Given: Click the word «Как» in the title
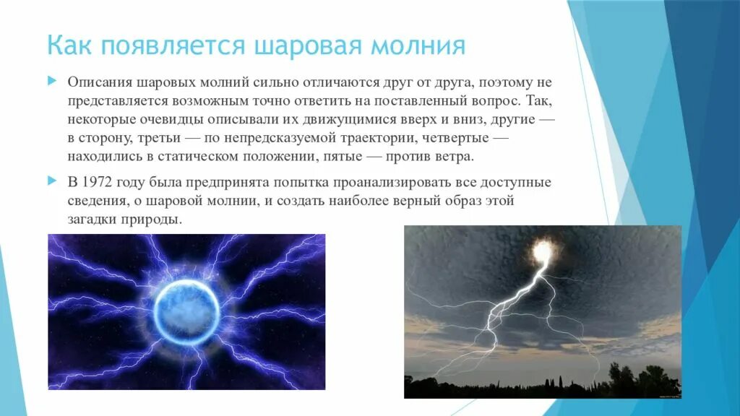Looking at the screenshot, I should click(x=70, y=45).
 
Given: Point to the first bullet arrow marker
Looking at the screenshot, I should click(x=52, y=82).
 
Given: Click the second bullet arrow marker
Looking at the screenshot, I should click(x=52, y=181).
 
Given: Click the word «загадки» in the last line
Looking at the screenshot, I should click(x=93, y=220).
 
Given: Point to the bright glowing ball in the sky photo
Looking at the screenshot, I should click(x=543, y=253).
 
